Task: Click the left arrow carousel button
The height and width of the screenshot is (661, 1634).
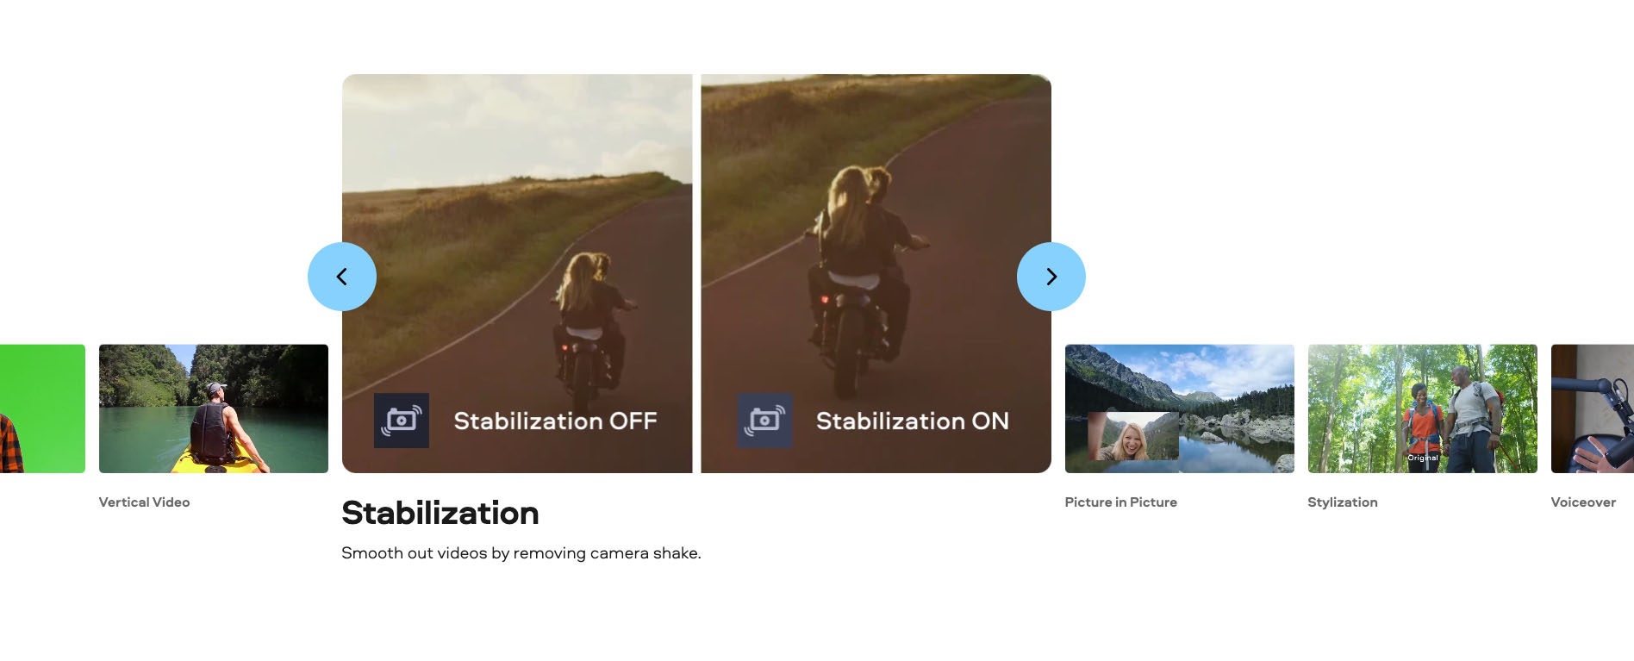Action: coord(342,277)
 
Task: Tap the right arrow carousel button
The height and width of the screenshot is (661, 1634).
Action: coord(1051,277)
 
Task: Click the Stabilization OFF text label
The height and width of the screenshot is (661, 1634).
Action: coord(555,421)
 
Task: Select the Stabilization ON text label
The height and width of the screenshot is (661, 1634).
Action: coord(912,421)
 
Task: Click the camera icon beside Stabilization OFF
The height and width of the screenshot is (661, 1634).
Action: coord(402,421)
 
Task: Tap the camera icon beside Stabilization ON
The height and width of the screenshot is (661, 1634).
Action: coord(764,421)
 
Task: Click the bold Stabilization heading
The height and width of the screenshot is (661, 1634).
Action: coord(440,513)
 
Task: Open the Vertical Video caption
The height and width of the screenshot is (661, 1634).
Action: coord(144,502)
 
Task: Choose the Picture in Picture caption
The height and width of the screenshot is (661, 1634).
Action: coord(1120,502)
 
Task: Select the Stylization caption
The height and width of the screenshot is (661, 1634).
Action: coord(1342,502)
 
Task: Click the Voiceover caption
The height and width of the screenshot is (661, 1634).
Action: coord(1583,502)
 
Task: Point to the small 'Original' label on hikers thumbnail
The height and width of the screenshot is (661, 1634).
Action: coord(1423,458)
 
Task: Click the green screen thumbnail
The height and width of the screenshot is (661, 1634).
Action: coord(42,408)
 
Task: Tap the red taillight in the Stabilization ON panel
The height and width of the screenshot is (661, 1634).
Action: coord(825,300)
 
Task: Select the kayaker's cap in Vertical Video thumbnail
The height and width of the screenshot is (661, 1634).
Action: coord(215,389)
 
